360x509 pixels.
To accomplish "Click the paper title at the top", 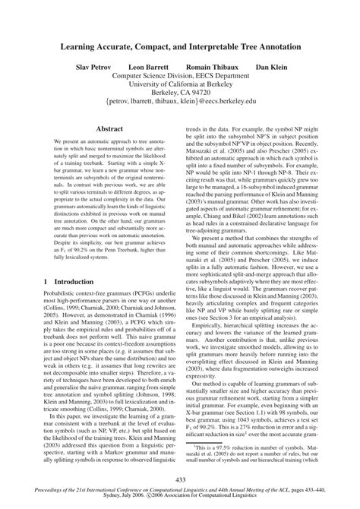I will coord(180,46).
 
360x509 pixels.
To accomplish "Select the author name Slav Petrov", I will coord(93,68).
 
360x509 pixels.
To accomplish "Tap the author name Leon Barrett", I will coord(147,68).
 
